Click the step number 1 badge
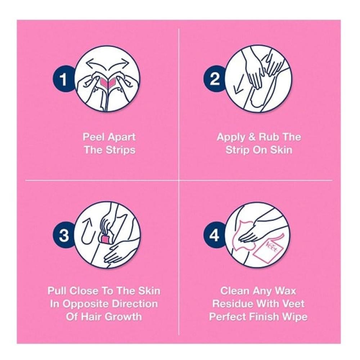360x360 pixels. [64, 79]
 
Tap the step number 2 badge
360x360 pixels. [215, 79]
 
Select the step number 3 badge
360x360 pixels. [64, 235]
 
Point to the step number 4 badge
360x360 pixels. [215, 235]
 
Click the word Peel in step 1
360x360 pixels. [94, 137]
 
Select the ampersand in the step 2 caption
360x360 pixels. [252, 137]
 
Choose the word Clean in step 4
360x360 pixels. [235, 291]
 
